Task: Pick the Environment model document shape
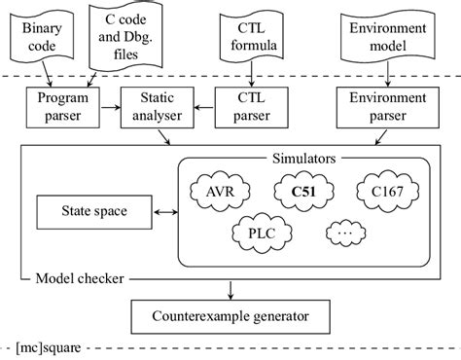[x=385, y=33]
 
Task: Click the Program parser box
[x=59, y=107]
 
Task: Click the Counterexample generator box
[x=230, y=315]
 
